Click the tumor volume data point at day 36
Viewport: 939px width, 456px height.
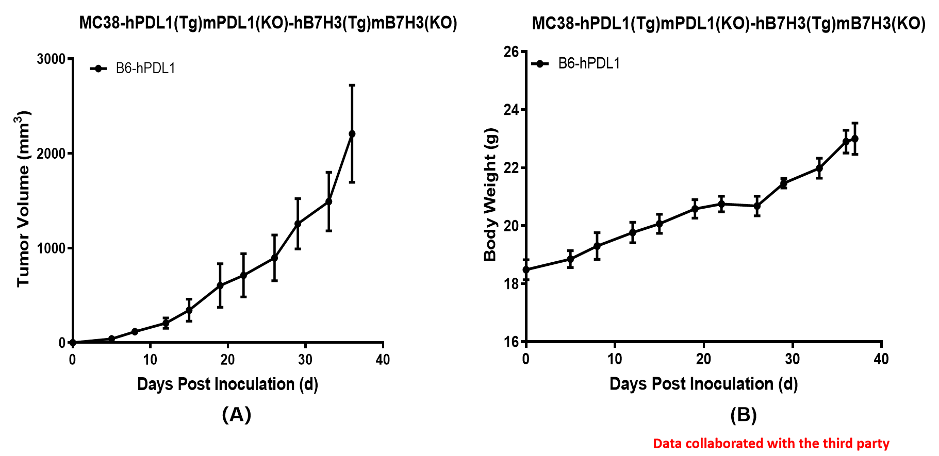point(352,134)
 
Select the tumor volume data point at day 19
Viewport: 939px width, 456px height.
point(220,285)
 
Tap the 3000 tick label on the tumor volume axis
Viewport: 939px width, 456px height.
point(51,59)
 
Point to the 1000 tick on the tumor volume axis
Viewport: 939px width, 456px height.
point(51,248)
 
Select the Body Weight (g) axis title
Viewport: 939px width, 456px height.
point(490,195)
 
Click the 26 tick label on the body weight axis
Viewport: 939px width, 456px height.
point(511,52)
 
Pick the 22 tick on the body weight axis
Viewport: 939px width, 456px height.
point(511,168)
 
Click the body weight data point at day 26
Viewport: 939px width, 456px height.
point(757,206)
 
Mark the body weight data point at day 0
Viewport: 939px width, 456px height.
point(526,269)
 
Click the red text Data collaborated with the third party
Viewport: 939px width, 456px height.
point(771,443)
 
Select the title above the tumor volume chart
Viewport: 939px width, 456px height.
point(268,23)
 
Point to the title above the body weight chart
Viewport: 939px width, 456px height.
point(729,23)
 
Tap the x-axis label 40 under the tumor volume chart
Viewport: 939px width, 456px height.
point(383,360)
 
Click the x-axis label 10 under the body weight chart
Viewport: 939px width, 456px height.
point(615,359)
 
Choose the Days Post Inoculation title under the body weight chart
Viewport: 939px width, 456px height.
point(703,384)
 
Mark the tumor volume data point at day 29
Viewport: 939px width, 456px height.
point(298,224)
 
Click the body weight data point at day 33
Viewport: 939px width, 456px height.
point(819,168)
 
